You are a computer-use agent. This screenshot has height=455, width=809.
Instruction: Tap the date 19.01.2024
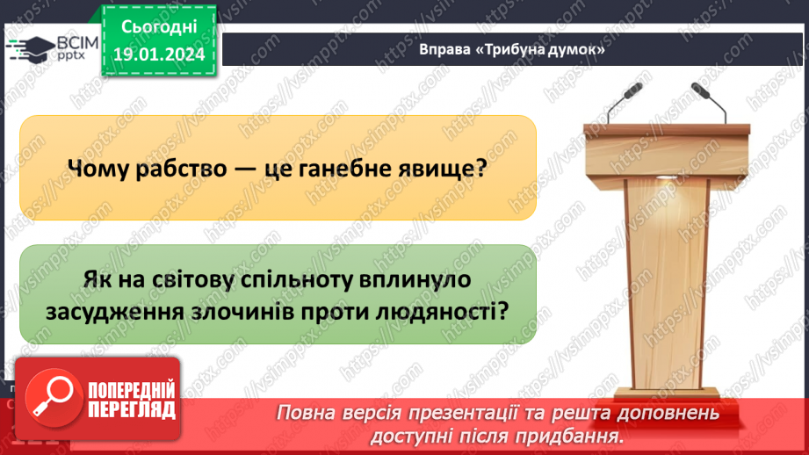(158, 54)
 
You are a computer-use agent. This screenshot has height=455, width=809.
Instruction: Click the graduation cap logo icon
(33, 47)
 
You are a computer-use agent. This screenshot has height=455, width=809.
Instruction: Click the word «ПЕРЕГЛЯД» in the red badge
(129, 408)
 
